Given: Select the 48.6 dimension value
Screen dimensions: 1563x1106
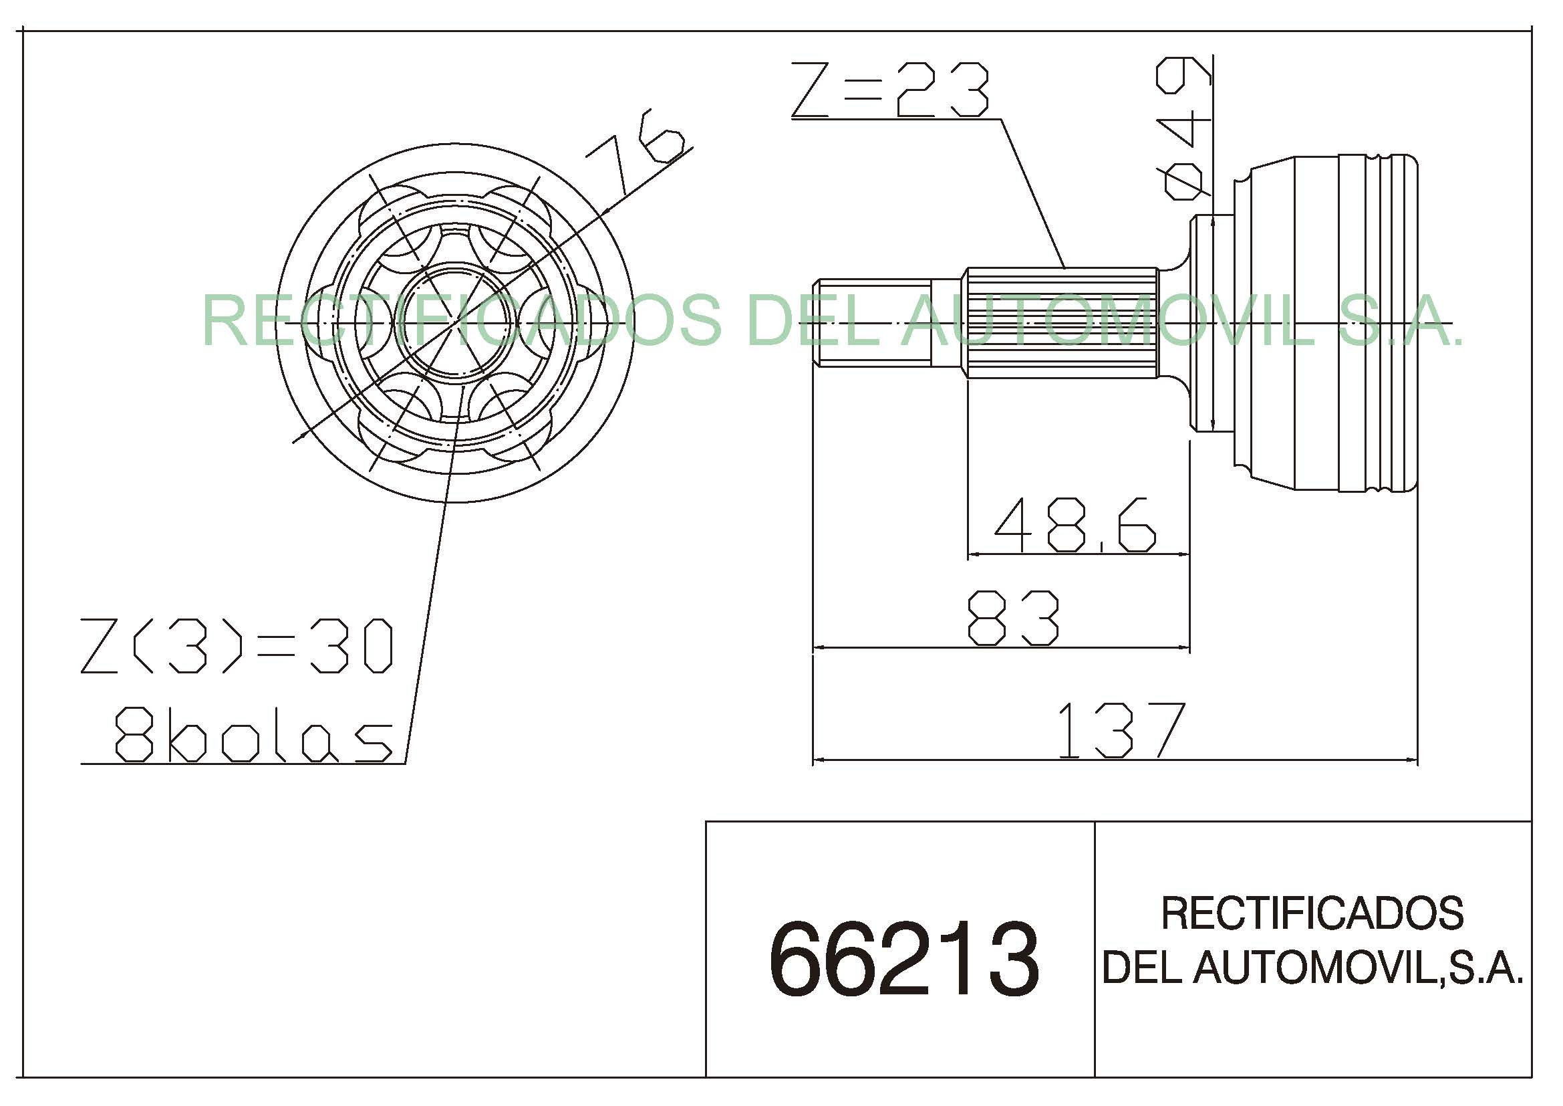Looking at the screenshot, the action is click(x=1075, y=524).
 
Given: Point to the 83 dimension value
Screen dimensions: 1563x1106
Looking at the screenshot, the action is click(x=1013, y=618).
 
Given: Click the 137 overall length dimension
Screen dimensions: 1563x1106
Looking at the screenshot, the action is click(x=1121, y=731).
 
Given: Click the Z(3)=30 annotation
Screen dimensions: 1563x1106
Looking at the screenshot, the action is click(x=236, y=646).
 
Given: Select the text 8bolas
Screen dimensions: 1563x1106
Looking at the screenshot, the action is click(x=253, y=736).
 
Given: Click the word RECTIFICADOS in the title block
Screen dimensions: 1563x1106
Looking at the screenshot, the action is click(x=1312, y=913).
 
